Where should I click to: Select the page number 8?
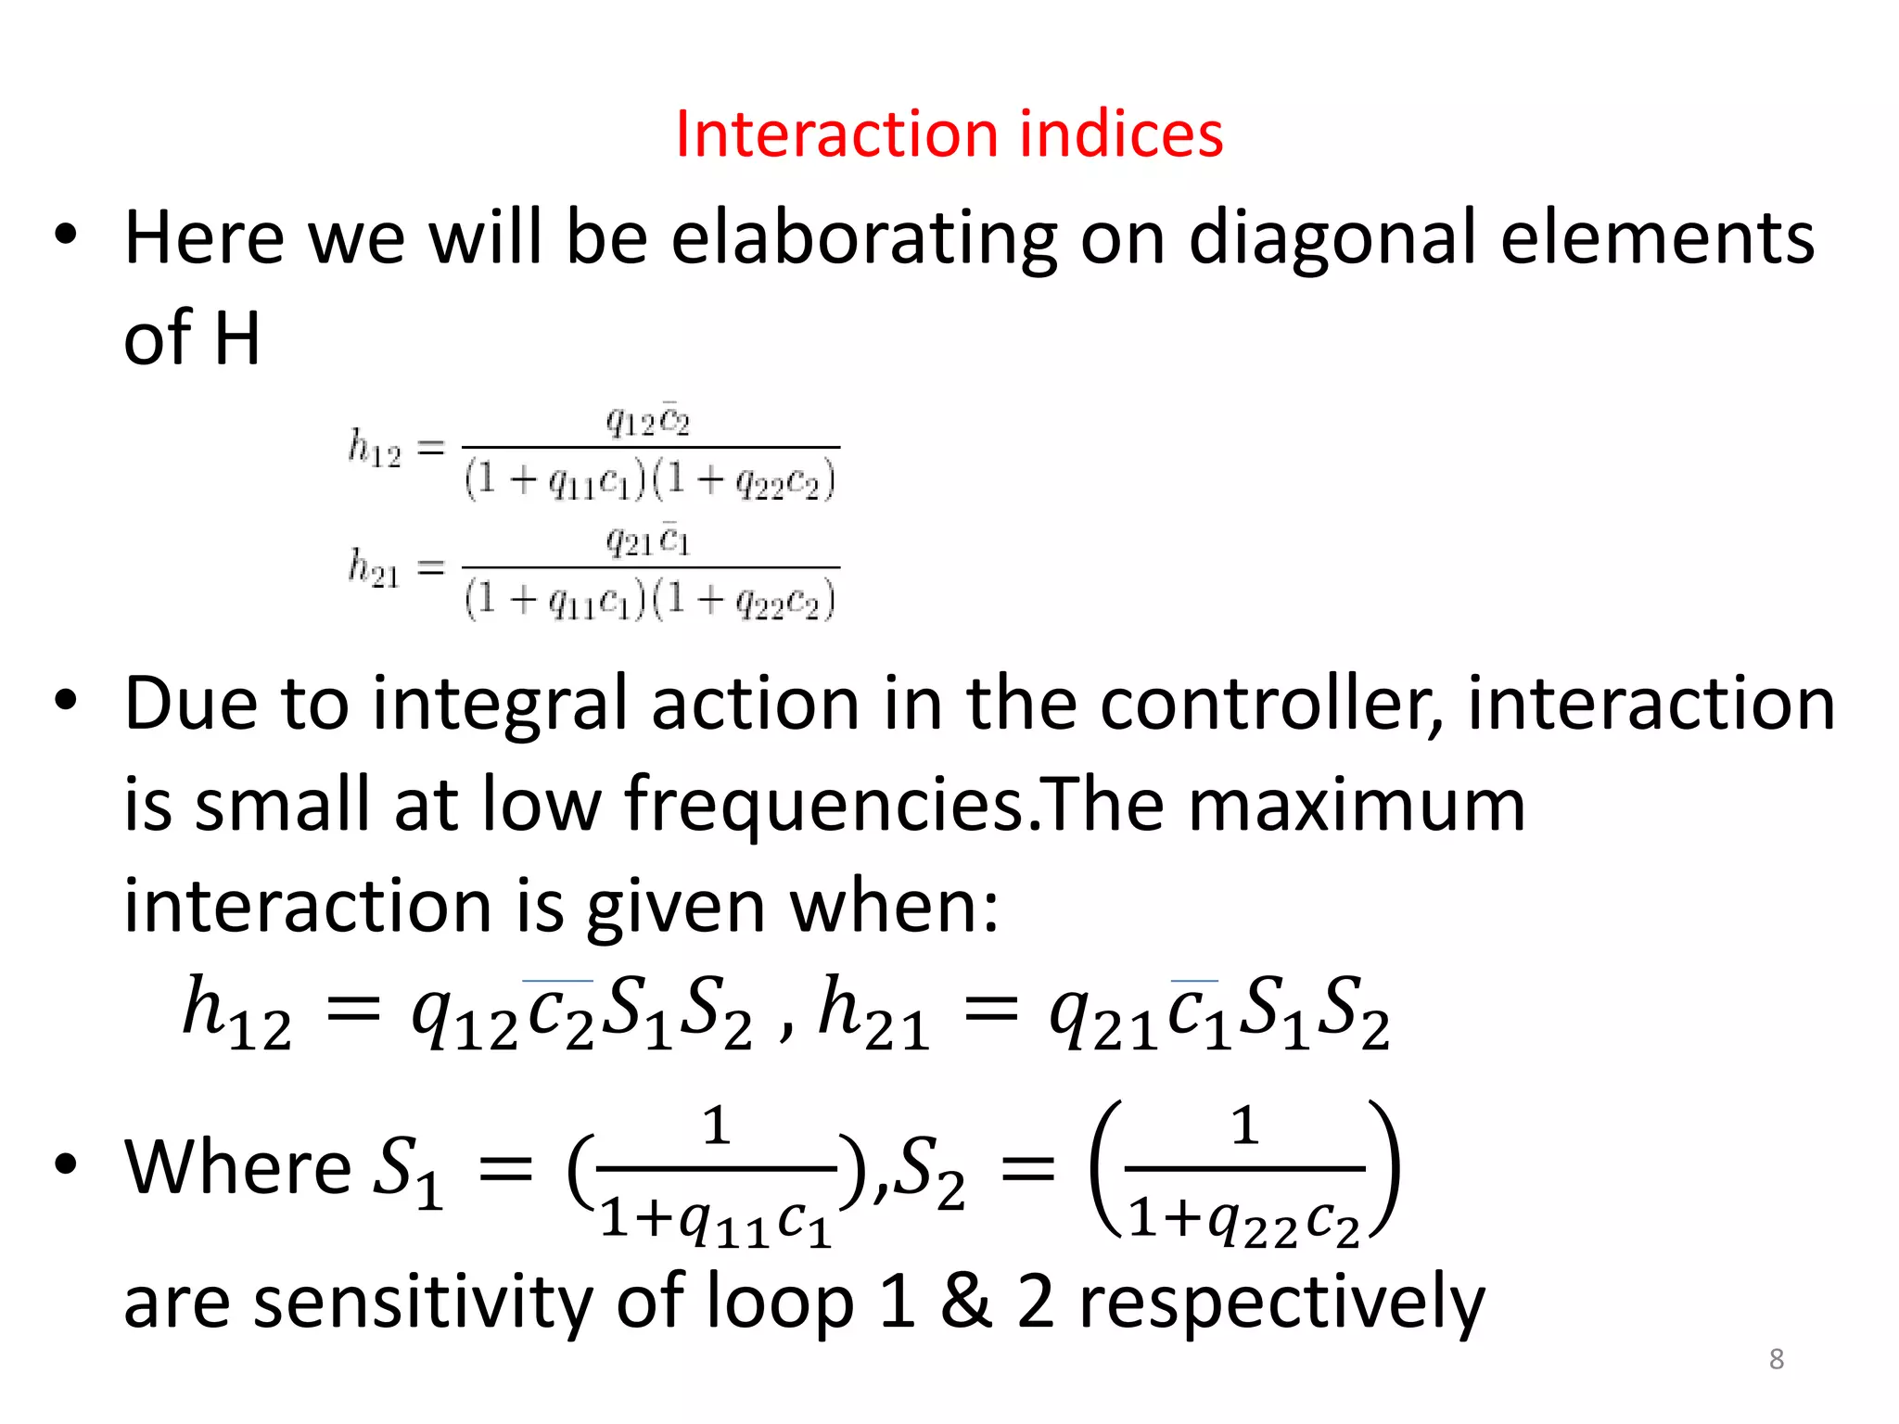1776,1359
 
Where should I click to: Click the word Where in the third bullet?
237,1167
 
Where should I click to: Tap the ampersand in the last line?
965,1302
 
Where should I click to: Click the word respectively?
1281,1302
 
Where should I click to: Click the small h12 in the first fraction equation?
375,449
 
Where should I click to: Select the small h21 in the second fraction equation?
375,567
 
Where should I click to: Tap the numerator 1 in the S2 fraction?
1243,1127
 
